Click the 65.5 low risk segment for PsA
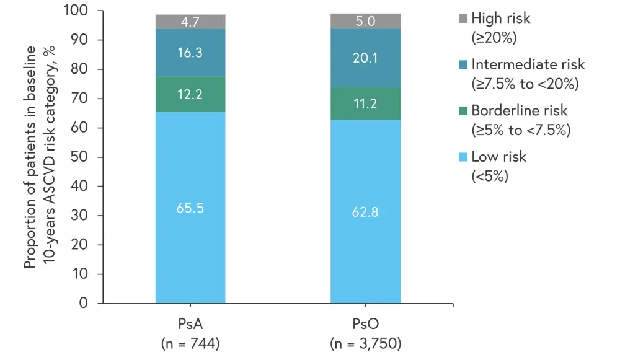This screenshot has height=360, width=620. point(190,208)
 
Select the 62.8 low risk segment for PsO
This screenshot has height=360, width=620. point(365,211)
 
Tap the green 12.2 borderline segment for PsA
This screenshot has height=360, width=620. point(190,94)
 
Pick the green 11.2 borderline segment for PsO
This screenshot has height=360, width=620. point(365,103)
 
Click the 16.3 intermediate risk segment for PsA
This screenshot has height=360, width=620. point(190,53)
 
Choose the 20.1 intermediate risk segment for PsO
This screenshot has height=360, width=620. point(365,58)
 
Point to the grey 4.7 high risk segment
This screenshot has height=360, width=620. point(190,22)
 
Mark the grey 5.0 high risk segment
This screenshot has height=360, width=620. point(365,21)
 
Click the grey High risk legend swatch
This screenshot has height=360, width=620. point(461,19)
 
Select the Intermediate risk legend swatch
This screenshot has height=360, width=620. point(461,64)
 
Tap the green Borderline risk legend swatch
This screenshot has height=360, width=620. point(461,110)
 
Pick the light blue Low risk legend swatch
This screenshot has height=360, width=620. point(461,157)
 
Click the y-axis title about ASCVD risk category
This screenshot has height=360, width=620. point(39,157)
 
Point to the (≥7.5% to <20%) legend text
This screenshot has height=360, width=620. point(525,83)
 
